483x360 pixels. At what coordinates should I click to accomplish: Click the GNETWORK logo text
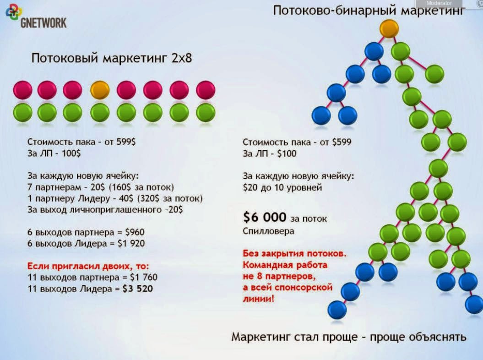click(43, 22)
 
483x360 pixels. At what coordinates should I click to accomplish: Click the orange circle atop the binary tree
click(389, 28)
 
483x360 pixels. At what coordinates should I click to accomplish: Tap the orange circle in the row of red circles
click(99, 89)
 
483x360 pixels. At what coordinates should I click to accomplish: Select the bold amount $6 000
click(265, 218)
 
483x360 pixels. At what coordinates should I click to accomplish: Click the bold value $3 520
click(138, 289)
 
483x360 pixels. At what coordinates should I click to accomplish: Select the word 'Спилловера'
click(268, 231)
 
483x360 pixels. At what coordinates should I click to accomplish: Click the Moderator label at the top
click(439, 3)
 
